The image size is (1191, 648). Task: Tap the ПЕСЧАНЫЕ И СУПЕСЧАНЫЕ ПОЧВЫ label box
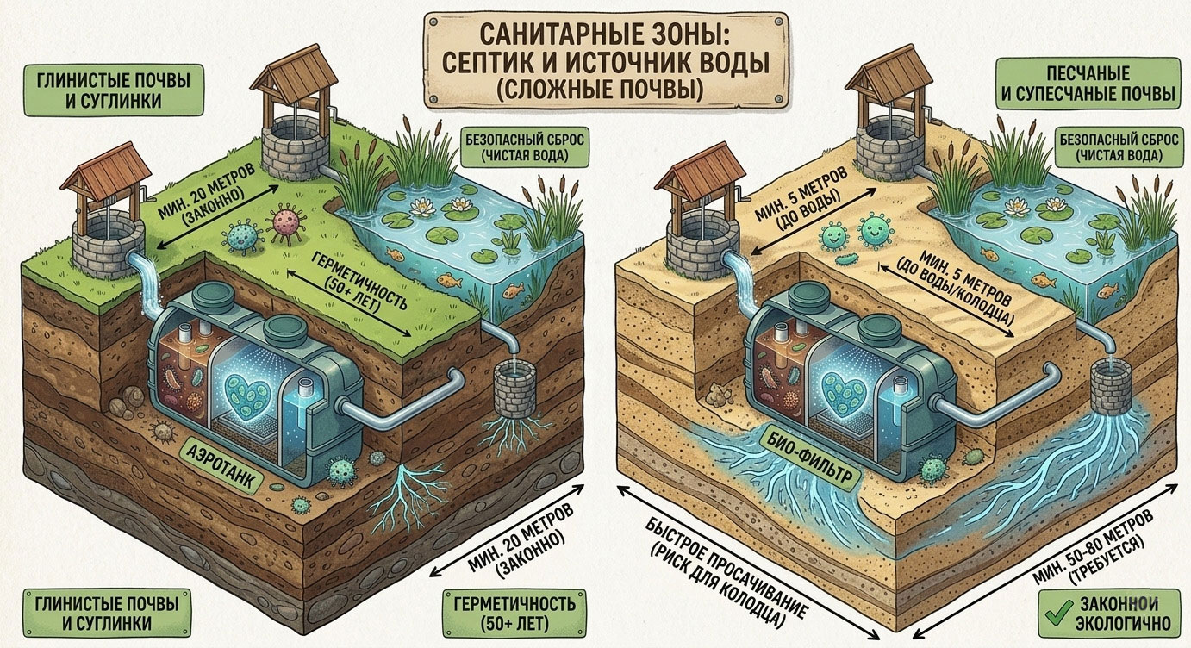click(1088, 84)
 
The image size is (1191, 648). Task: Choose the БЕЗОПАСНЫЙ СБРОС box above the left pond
click(525, 146)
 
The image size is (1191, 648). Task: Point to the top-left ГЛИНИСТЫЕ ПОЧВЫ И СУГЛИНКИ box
click(113, 90)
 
